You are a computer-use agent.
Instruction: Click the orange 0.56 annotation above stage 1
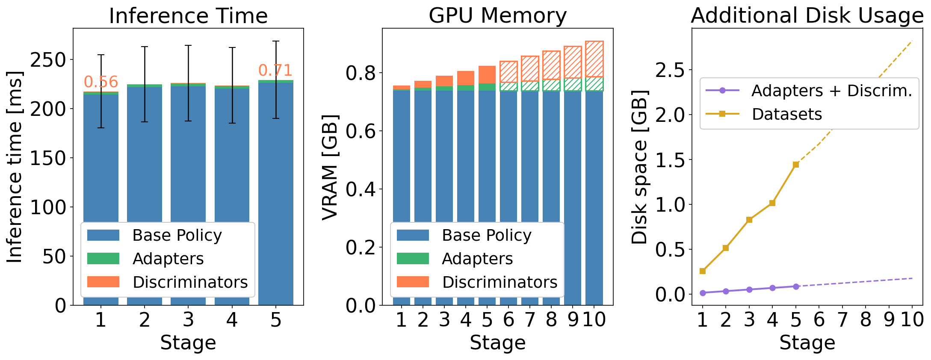pos(100,82)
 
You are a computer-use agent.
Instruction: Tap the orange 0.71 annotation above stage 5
pos(275,70)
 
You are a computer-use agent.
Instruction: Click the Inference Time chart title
pos(188,16)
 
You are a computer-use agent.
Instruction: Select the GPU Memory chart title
pos(497,16)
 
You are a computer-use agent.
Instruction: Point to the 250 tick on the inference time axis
pos(48,60)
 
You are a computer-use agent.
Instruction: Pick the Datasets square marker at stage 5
pos(795,165)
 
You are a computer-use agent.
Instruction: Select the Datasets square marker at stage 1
pos(702,271)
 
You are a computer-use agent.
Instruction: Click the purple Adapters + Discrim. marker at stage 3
pos(749,289)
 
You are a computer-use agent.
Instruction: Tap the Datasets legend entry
pos(786,114)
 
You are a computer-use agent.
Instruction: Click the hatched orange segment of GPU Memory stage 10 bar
pos(594,59)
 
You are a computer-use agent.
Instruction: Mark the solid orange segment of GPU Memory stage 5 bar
pos(487,75)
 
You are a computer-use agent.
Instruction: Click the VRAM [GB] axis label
pos(330,167)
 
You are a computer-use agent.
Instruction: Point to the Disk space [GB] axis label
pos(640,167)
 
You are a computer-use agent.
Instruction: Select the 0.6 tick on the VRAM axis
pos(361,131)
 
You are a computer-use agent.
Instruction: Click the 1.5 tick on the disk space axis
pos(670,159)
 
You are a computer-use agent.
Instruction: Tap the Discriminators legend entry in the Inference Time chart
pos(189,282)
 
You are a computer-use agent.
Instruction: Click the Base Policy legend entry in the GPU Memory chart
pos(486,235)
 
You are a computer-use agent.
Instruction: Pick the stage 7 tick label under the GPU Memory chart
pos(530,319)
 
